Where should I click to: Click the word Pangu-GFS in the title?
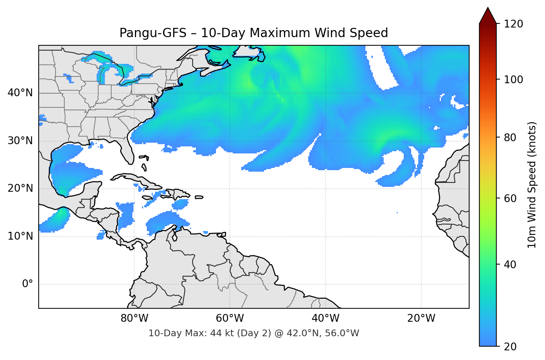152,33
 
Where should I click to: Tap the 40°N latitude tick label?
20,93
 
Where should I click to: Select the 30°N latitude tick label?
20,141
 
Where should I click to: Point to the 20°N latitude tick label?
20,188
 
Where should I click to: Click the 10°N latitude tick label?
20,236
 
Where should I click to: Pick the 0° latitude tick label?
28,284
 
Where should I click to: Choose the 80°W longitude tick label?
134,318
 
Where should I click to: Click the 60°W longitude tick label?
230,318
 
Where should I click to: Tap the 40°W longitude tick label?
325,318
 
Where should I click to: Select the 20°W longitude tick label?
421,318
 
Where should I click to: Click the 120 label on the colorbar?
513,24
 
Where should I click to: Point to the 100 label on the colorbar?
513,80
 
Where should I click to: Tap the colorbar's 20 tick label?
510,347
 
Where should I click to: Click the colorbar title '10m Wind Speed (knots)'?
532,185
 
